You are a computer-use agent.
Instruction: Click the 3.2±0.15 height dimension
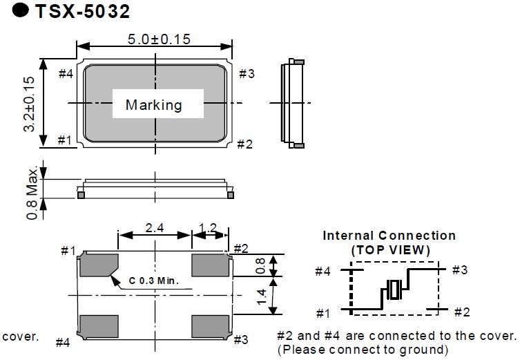pos(28,104)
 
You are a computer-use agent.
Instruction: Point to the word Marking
pos(153,105)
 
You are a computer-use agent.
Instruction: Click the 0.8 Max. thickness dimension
pos(32,191)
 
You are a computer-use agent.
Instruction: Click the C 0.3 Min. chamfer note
pos(153,281)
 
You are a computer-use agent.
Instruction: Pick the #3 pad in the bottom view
pos(210,325)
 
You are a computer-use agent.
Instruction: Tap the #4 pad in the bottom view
pos(99,325)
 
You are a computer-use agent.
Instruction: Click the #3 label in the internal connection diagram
pos(460,269)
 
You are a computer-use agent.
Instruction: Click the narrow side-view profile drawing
pos(293,104)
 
